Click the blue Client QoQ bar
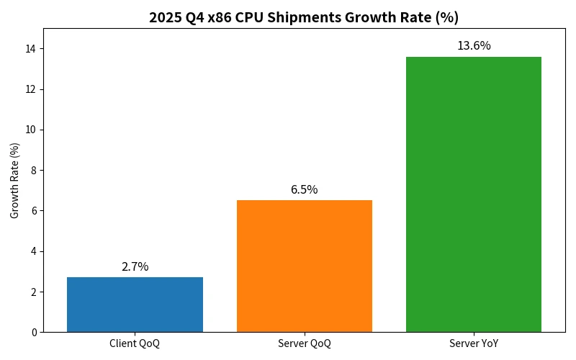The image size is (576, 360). pyautogui.click(x=135, y=305)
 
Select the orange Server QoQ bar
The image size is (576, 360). pyautogui.click(x=305, y=266)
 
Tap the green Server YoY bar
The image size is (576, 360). pyautogui.click(x=474, y=194)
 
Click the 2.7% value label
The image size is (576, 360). pyautogui.click(x=135, y=266)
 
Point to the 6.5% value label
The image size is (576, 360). pyautogui.click(x=305, y=190)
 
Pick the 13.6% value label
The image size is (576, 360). pyautogui.click(x=474, y=46)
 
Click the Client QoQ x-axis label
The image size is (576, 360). pyautogui.click(x=135, y=343)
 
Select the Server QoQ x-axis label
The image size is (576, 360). pyautogui.click(x=305, y=343)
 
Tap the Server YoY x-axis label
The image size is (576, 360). pyautogui.click(x=474, y=343)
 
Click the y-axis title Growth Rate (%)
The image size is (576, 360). pyautogui.click(x=15, y=180)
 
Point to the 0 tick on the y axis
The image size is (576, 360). pyautogui.click(x=34, y=333)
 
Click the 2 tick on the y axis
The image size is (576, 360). pyautogui.click(x=34, y=292)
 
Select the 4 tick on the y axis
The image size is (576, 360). pyautogui.click(x=34, y=251)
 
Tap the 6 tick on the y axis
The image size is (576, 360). pyautogui.click(x=34, y=211)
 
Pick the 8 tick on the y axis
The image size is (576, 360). pyautogui.click(x=34, y=171)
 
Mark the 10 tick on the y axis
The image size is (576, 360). pyautogui.click(x=32, y=130)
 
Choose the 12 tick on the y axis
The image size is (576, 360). pyautogui.click(x=32, y=89)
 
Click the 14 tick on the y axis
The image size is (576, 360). pyautogui.click(x=32, y=49)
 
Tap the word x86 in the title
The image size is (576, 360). pyautogui.click(x=220, y=17)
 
